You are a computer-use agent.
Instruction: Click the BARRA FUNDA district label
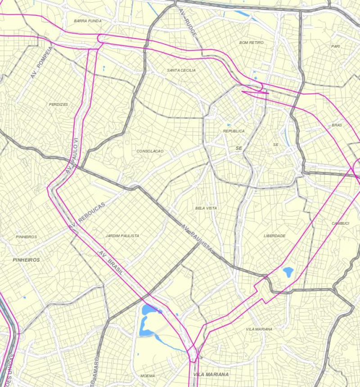[x=88, y=21]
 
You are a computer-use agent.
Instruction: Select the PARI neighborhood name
[x=335, y=46]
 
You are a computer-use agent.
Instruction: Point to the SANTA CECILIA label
[x=181, y=71]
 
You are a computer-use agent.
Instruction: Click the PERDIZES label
[x=58, y=104]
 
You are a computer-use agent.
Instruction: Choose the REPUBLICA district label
[x=234, y=131]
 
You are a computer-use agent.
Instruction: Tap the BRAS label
[x=337, y=125]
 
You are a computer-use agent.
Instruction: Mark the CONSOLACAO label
[x=150, y=151]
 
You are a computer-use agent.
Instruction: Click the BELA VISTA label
[x=206, y=208]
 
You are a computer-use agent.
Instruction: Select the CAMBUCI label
[x=341, y=223]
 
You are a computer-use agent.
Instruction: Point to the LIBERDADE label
[x=274, y=236]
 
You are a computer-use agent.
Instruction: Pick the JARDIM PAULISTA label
[x=122, y=236]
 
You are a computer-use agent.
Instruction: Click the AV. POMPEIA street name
[x=42, y=62]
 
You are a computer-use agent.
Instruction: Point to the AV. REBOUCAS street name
[x=87, y=217]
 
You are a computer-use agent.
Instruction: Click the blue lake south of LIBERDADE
[x=288, y=271]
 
